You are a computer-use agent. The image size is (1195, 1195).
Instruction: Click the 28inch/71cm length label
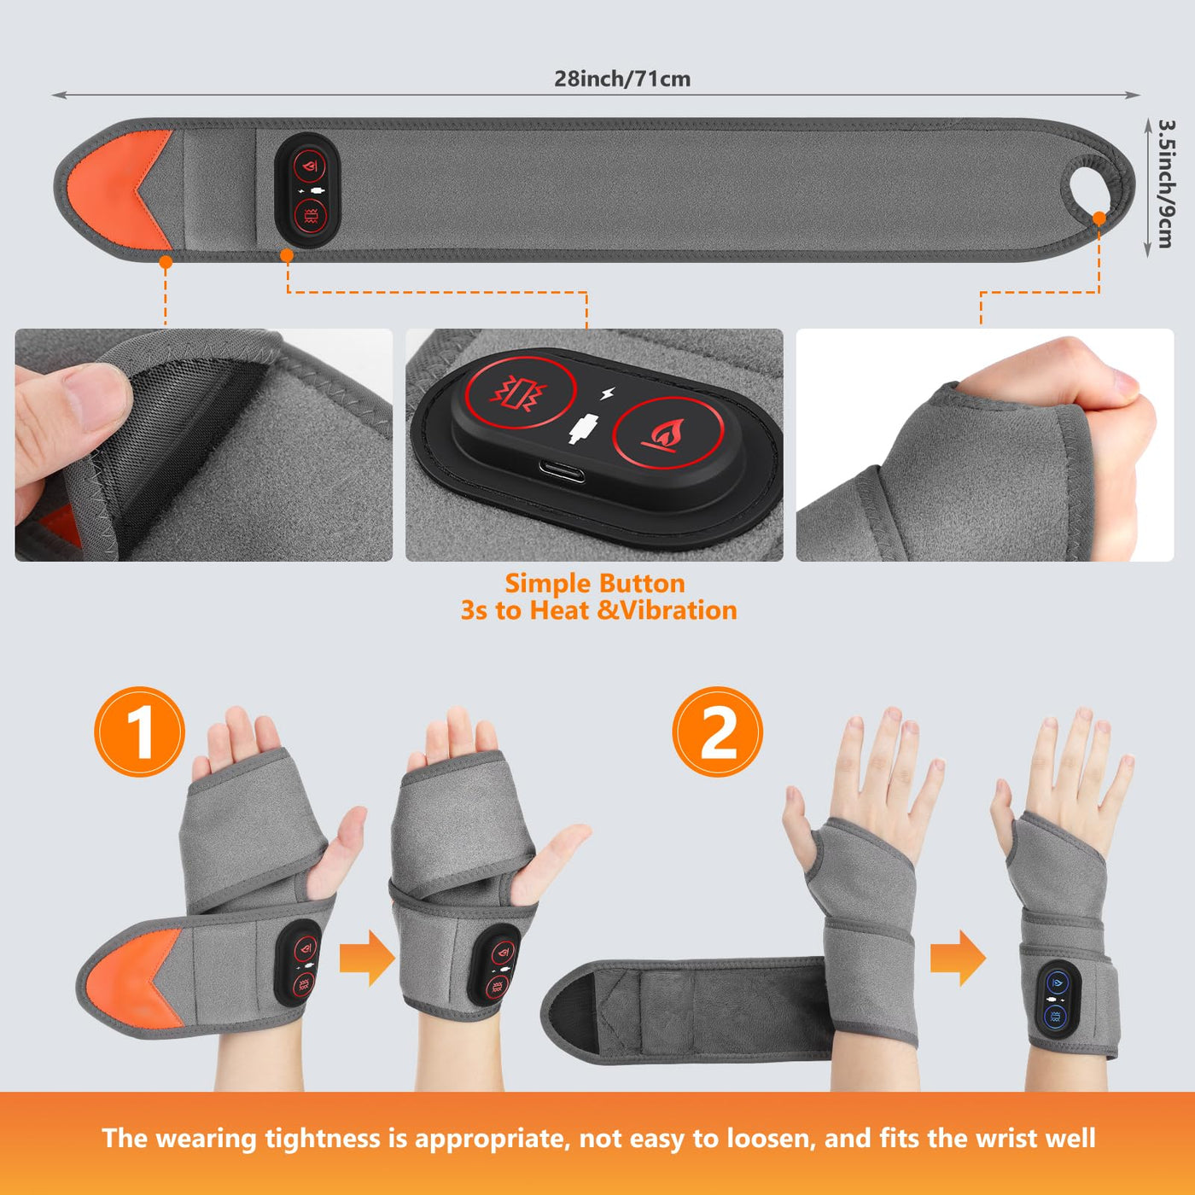point(622,79)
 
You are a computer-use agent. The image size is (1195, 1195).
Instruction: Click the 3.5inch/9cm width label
point(1165,184)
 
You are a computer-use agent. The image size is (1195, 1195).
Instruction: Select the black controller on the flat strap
point(307,190)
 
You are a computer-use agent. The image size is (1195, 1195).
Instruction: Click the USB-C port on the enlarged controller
point(561,472)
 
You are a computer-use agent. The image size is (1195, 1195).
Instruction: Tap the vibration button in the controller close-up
point(521,393)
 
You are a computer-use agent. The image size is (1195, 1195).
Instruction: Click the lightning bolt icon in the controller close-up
point(608,393)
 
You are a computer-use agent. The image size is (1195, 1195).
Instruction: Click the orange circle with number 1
point(139,732)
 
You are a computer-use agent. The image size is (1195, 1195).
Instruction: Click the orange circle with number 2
point(718,732)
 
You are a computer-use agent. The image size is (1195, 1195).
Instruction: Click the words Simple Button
point(595,584)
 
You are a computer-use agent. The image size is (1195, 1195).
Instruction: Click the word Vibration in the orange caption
point(679,611)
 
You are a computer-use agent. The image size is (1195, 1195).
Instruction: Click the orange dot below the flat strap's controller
point(287,255)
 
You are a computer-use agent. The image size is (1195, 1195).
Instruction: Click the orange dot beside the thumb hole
point(1099,219)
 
